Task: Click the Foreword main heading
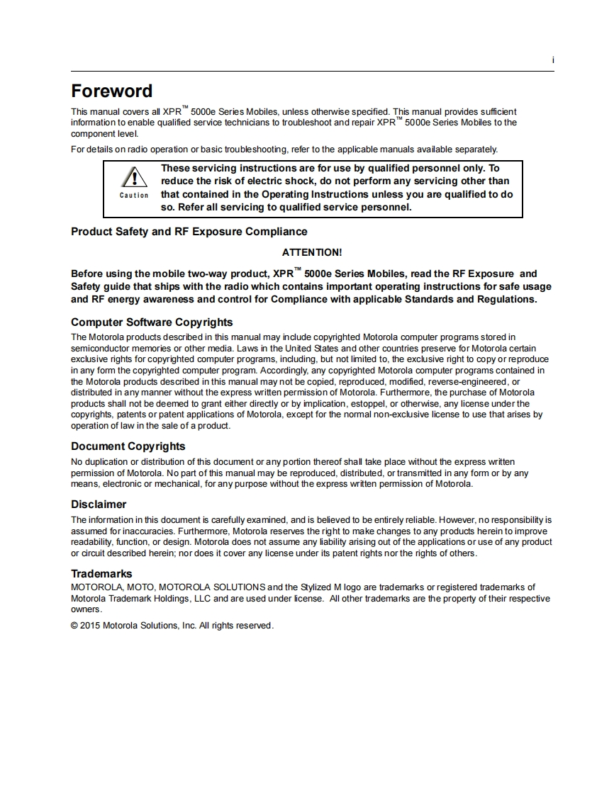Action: (x=111, y=91)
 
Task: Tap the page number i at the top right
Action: (x=552, y=61)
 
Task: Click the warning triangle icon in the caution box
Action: (x=133, y=178)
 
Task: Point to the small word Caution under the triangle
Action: (x=134, y=196)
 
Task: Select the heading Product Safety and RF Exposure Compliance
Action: (x=189, y=232)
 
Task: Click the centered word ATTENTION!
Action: (x=312, y=252)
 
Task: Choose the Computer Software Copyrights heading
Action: (x=152, y=322)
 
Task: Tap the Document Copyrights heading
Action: (x=128, y=446)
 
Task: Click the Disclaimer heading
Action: (x=99, y=504)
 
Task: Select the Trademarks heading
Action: (x=101, y=574)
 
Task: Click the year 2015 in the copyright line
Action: (x=90, y=626)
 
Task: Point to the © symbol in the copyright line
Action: (x=74, y=626)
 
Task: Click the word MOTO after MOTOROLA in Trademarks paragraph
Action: (x=142, y=587)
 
